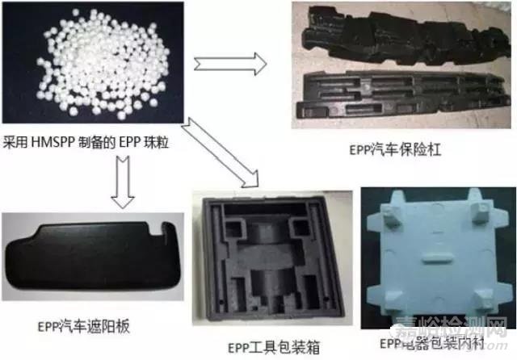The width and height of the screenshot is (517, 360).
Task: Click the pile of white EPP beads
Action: pyautogui.click(x=89, y=65)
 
